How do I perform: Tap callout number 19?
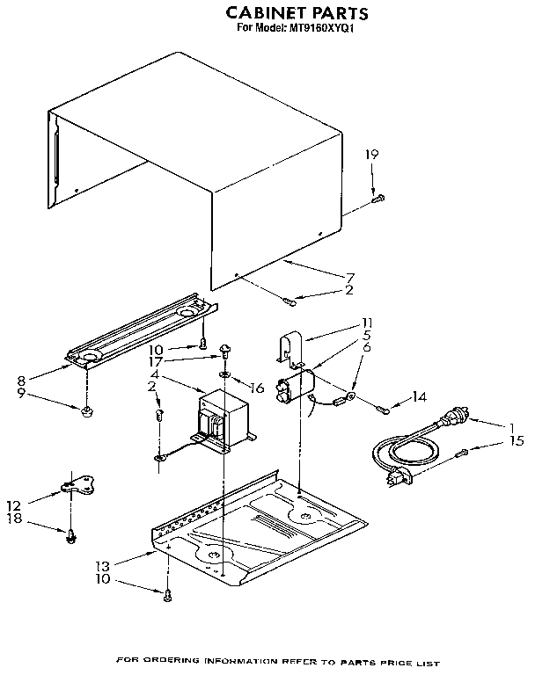click(x=372, y=155)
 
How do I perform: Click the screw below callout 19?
click(x=378, y=199)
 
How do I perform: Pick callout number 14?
click(x=419, y=397)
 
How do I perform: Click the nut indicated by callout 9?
click(x=87, y=410)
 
